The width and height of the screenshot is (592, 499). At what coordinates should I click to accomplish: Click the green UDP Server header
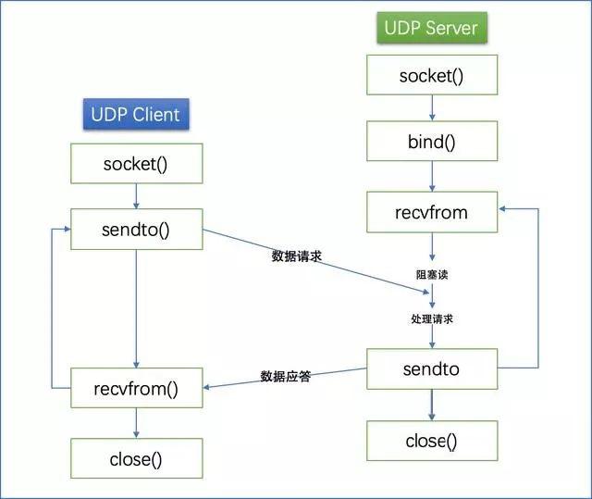click(431, 27)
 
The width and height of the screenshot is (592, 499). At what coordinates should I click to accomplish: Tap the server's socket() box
click(431, 76)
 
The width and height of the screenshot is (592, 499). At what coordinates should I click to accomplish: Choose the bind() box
click(431, 143)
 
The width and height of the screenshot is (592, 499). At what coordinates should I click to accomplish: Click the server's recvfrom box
click(431, 212)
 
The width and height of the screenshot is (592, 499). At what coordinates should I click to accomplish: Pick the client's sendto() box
click(136, 229)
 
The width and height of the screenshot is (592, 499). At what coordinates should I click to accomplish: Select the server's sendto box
click(431, 369)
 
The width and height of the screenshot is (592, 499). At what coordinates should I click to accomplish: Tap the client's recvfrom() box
click(136, 387)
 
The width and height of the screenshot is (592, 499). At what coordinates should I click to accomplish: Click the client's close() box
click(136, 457)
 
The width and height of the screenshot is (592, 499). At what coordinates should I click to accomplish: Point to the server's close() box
click(431, 441)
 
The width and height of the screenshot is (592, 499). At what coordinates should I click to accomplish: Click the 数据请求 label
click(296, 256)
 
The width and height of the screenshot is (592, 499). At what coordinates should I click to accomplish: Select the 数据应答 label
click(285, 377)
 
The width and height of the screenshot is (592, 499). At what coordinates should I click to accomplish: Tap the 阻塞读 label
click(431, 275)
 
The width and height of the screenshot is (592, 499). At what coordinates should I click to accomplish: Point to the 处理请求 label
click(431, 318)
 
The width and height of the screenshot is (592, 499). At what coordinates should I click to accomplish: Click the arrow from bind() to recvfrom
click(431, 178)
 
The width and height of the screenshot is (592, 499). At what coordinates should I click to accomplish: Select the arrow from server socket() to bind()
click(431, 109)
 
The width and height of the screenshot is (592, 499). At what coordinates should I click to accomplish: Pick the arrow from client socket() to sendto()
click(136, 195)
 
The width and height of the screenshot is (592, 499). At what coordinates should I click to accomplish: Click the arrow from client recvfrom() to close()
click(136, 423)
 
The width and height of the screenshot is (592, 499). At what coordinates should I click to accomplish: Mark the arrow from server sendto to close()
click(431, 405)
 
